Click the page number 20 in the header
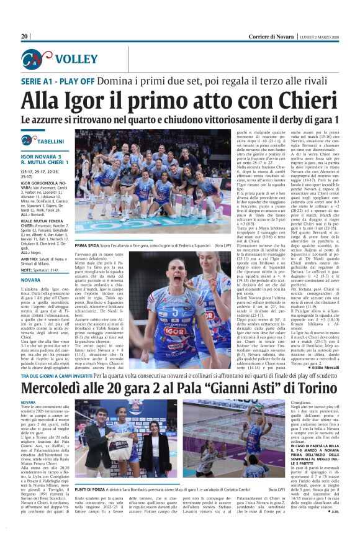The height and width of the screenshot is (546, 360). pyautogui.click(x=25, y=37)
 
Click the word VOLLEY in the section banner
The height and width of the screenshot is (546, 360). pyautogui.click(x=76, y=60)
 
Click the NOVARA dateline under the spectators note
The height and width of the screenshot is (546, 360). pyautogui.click(x=30, y=280)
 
